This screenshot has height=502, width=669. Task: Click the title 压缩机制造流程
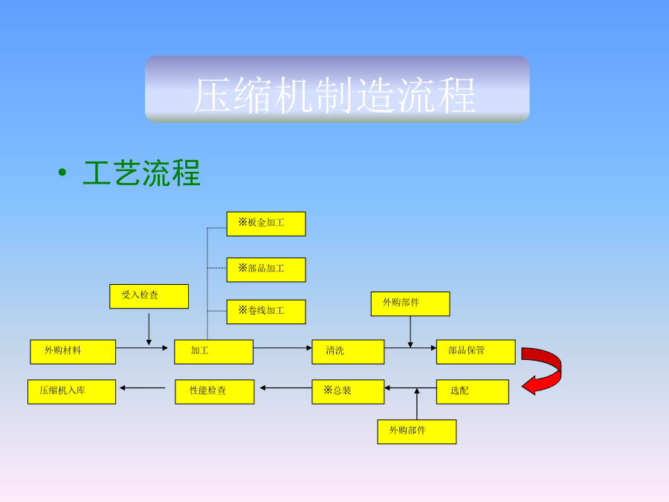click(x=336, y=94)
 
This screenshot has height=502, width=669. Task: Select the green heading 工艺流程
click(x=141, y=173)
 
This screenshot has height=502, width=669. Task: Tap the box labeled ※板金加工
click(x=265, y=224)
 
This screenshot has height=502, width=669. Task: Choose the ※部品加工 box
click(x=265, y=270)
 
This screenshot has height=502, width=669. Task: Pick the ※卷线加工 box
click(x=265, y=312)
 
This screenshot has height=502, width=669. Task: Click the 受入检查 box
click(x=149, y=296)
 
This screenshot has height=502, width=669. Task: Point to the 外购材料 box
click(x=73, y=352)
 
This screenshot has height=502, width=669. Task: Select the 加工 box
click(x=213, y=352)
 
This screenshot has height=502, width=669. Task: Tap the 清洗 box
click(x=348, y=352)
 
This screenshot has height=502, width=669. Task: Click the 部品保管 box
click(x=476, y=352)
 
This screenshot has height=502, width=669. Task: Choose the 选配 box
click(x=473, y=392)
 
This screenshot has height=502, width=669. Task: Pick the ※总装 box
click(x=348, y=392)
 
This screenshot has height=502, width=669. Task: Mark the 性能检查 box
click(x=214, y=392)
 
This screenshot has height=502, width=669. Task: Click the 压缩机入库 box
click(x=71, y=392)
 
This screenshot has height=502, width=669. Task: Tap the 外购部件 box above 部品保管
click(x=410, y=303)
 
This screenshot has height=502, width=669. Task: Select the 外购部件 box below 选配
click(x=416, y=431)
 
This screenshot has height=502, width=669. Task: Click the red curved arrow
click(x=546, y=370)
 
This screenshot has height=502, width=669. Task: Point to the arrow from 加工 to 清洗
click(x=282, y=347)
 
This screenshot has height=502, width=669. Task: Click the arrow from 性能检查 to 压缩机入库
click(x=143, y=387)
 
